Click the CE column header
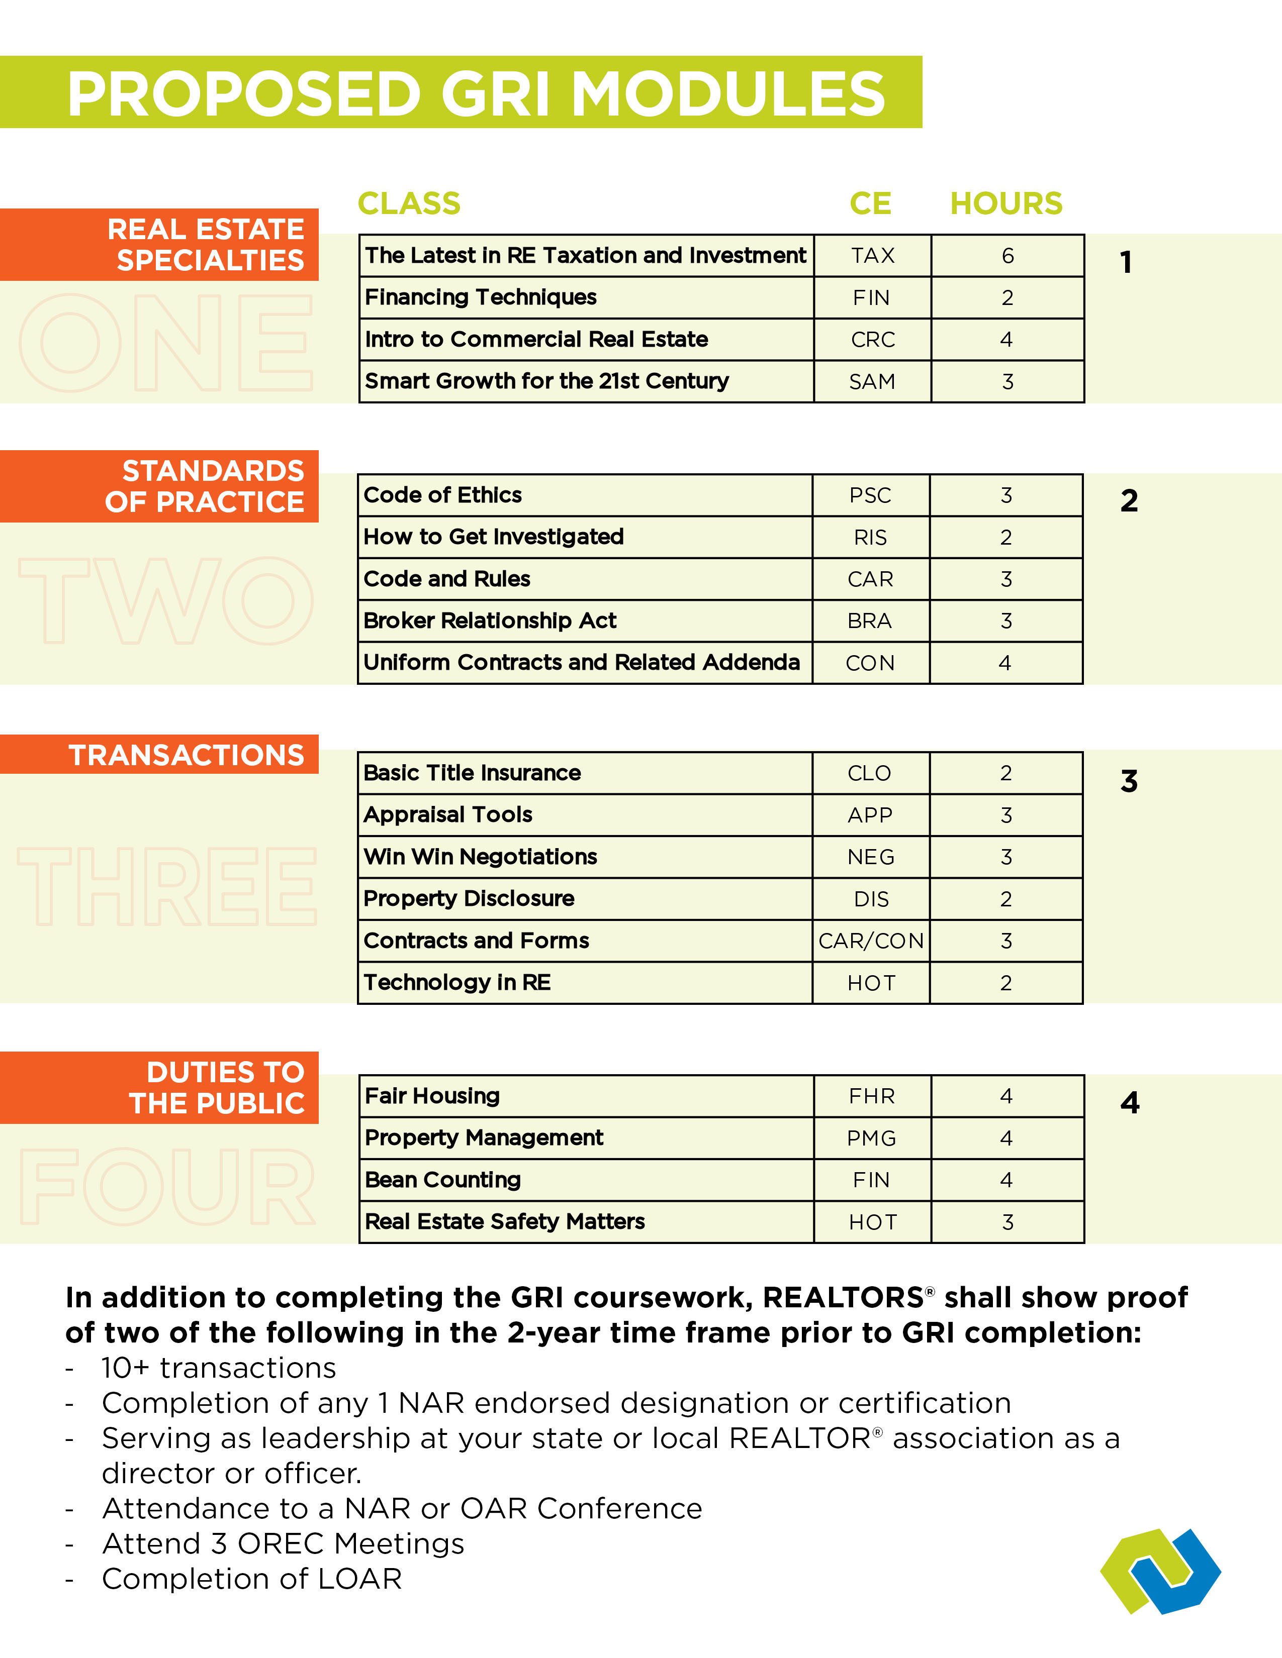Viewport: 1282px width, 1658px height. pyautogui.click(x=870, y=203)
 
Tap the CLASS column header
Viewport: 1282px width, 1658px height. pyautogui.click(x=409, y=203)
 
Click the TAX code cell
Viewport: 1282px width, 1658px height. pyautogui.click(x=873, y=256)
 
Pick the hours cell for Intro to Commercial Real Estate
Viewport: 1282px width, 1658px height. pyautogui.click(x=1006, y=339)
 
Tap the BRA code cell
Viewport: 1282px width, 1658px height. pyautogui.click(x=870, y=621)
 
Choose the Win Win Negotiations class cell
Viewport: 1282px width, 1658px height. pyautogui.click(x=584, y=857)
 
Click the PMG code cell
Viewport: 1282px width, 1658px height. pyautogui.click(x=872, y=1138)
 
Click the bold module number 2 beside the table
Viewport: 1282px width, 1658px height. pyautogui.click(x=1129, y=501)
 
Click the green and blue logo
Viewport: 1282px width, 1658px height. pyautogui.click(x=1160, y=1570)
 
